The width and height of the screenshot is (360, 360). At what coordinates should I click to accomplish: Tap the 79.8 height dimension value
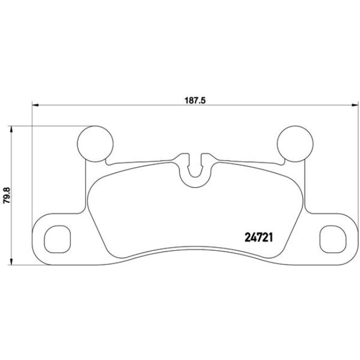(7, 196)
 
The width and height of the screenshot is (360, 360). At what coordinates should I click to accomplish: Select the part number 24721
(260, 235)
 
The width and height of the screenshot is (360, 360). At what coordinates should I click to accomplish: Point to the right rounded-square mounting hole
(333, 236)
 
